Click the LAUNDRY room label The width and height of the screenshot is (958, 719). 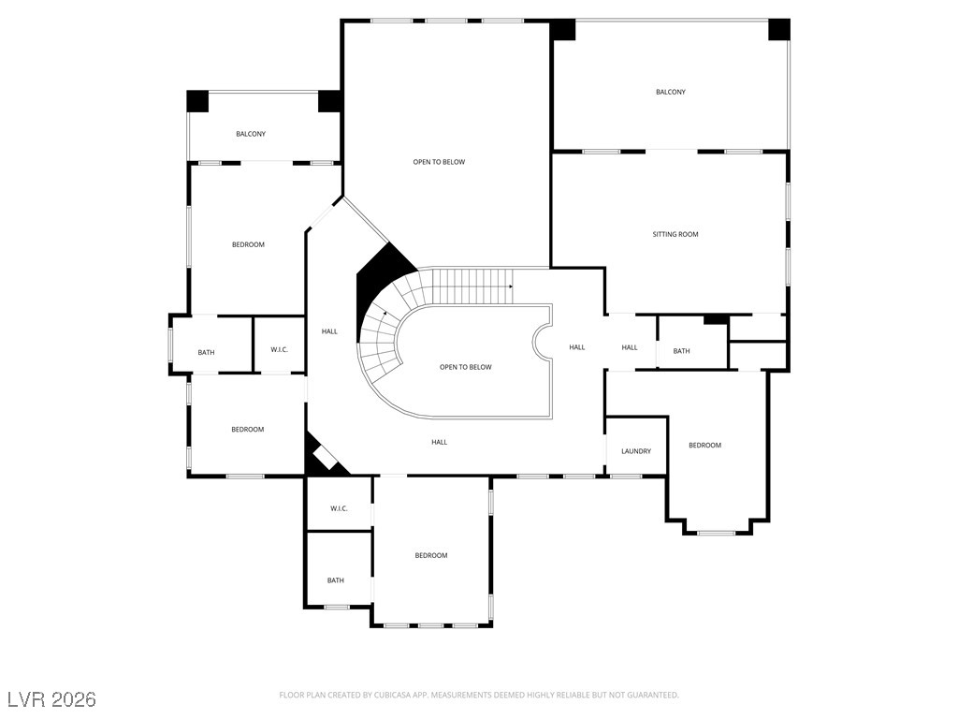click(x=636, y=451)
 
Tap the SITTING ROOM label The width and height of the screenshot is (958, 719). click(x=675, y=234)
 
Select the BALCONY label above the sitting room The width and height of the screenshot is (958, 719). click(x=670, y=92)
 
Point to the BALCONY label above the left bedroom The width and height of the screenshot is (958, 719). click(x=251, y=134)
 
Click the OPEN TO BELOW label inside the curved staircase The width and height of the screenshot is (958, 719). click(x=465, y=367)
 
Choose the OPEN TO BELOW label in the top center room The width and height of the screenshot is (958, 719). click(x=439, y=162)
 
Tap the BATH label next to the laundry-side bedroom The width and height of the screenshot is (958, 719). click(x=681, y=351)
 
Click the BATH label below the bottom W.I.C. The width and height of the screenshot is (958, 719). click(x=335, y=580)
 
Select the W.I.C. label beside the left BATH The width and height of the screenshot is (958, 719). click(x=279, y=350)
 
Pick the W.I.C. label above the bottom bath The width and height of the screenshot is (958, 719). click(x=339, y=508)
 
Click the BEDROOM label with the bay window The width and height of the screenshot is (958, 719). click(x=704, y=445)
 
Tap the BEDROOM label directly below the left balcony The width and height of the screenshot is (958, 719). click(x=248, y=244)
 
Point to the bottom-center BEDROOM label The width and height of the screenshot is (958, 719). click(x=430, y=555)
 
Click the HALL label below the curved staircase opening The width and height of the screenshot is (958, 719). click(x=439, y=442)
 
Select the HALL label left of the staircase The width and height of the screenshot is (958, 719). click(x=329, y=330)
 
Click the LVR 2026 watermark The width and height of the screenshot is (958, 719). click(x=51, y=699)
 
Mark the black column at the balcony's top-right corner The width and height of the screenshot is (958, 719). click(x=779, y=29)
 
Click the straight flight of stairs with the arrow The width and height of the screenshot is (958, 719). click(x=468, y=279)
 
